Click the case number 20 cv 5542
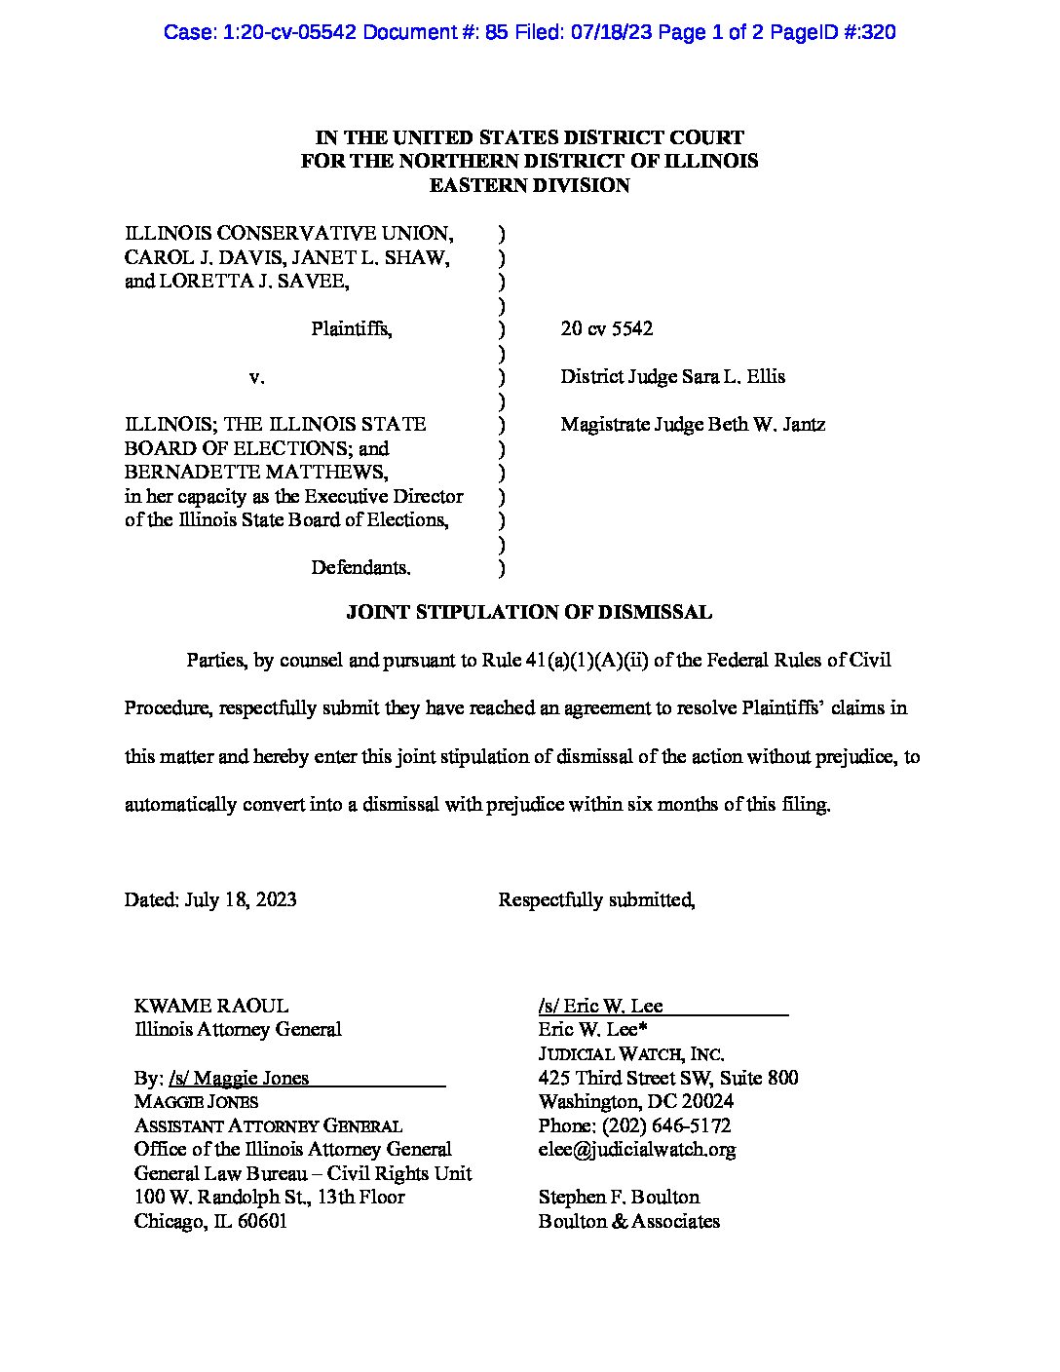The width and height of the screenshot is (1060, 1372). [606, 329]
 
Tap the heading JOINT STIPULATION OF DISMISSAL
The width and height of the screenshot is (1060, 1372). [529, 613]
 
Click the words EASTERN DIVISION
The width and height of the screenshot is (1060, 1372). [529, 186]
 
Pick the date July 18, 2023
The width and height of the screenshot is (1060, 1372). [240, 900]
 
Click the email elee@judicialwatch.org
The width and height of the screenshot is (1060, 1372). [636, 1150]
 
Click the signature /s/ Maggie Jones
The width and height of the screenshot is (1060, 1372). [239, 1079]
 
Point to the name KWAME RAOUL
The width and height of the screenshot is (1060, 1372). [210, 1007]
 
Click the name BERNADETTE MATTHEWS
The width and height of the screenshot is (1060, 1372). [255, 473]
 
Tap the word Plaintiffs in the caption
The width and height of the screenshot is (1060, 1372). [352, 329]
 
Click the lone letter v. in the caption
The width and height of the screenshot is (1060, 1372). [257, 377]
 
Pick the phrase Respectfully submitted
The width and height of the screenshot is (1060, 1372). [596, 900]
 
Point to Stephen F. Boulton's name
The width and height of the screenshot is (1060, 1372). [619, 1198]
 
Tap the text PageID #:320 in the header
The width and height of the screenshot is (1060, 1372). [833, 33]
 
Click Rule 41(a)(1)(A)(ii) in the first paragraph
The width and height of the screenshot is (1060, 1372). [566, 661]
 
